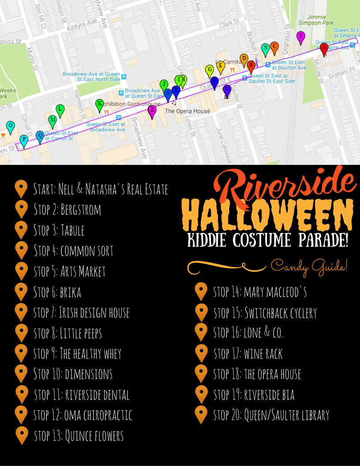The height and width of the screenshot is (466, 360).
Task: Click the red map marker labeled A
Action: point(323,48)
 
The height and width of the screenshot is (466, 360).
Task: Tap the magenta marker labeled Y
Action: point(300,37)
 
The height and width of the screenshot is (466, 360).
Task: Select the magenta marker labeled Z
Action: point(152,110)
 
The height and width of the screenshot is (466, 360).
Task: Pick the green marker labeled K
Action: point(100,105)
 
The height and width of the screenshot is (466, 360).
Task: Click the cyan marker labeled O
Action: point(11,126)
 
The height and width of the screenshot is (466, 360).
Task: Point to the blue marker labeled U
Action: point(214,82)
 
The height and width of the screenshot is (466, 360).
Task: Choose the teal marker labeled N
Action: point(265,49)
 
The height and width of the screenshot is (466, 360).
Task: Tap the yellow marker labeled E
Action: point(221,66)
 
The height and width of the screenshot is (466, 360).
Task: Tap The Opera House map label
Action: point(187,111)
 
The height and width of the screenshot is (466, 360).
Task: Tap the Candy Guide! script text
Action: point(309,266)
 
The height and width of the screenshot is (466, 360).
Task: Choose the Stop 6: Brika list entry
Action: point(57,292)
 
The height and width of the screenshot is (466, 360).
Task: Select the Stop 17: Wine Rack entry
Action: point(248,353)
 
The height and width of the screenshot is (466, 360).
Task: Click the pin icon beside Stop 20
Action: point(201,414)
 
